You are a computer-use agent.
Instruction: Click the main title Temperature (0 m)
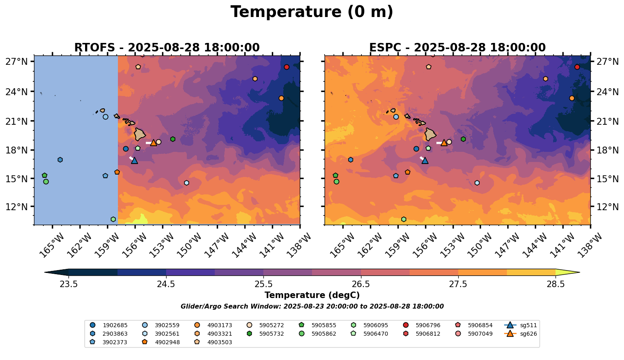click(312, 12)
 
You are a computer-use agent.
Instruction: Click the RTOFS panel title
click(167, 47)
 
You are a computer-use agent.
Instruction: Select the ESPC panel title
click(457, 47)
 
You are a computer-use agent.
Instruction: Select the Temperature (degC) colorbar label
click(312, 295)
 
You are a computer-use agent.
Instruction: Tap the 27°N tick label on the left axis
click(17, 62)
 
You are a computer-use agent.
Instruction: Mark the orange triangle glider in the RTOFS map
click(153, 143)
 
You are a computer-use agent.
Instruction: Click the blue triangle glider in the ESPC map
click(425, 160)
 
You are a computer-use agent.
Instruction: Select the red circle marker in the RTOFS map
click(286, 67)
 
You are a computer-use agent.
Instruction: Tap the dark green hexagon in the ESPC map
click(463, 139)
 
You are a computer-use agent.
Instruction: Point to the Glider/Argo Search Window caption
click(312, 307)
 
